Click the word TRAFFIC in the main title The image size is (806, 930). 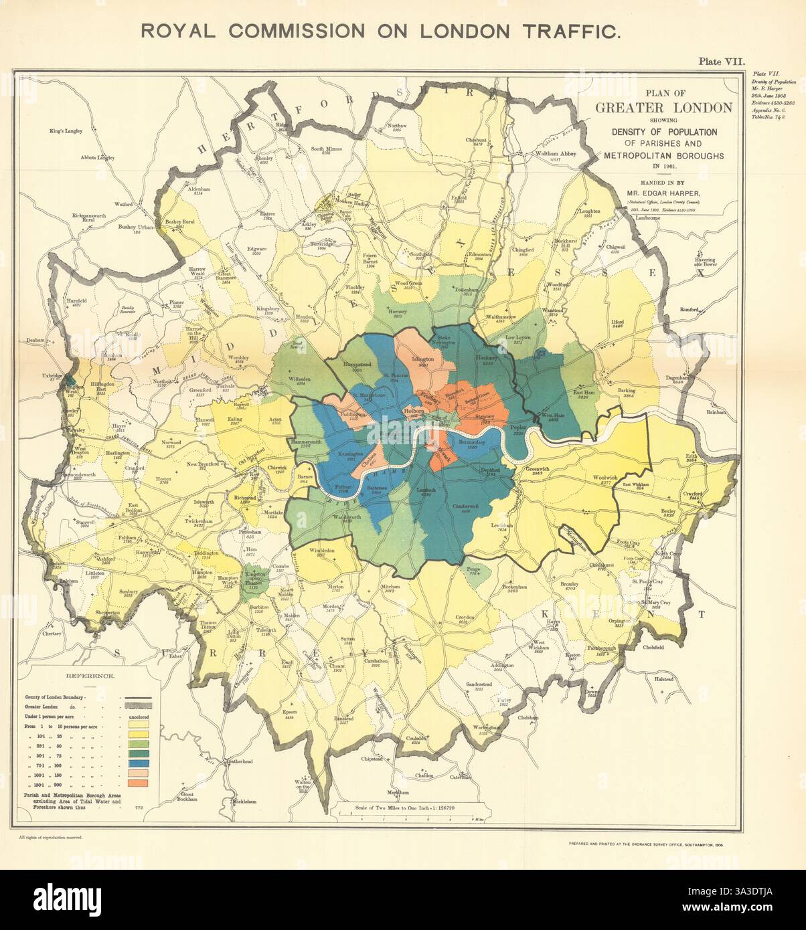(561, 31)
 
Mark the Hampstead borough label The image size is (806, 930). (357, 364)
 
